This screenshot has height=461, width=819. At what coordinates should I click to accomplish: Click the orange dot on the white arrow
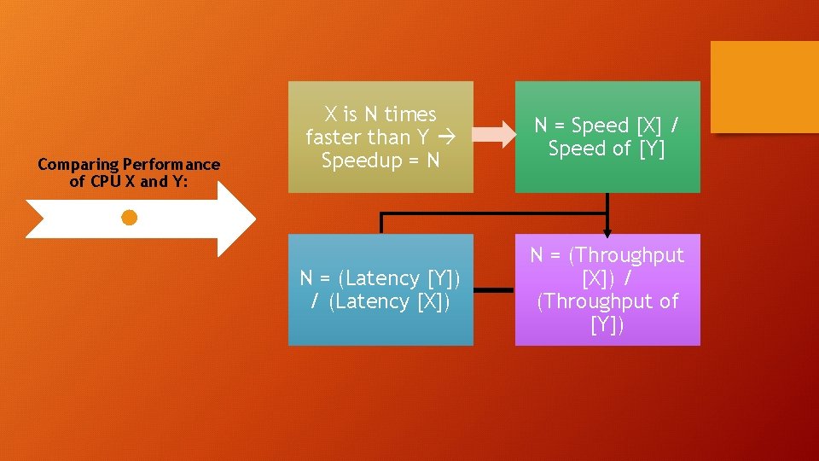point(129,218)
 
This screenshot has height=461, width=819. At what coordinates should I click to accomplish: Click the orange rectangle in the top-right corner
point(764,87)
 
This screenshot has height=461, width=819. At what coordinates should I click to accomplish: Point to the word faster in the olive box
point(334,137)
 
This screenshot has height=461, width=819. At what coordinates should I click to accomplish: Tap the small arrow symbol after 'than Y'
point(444,137)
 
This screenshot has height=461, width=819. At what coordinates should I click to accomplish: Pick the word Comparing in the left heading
point(78,164)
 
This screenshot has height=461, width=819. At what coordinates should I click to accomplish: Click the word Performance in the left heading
point(171,164)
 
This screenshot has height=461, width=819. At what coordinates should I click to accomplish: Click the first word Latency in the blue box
point(385,278)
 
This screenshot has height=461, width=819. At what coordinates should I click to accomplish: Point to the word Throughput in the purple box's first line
point(630,255)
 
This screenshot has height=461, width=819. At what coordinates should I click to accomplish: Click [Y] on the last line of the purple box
point(607,324)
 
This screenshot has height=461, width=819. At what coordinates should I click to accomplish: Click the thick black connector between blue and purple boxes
point(494,290)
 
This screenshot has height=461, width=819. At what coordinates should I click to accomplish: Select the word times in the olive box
point(410,114)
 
